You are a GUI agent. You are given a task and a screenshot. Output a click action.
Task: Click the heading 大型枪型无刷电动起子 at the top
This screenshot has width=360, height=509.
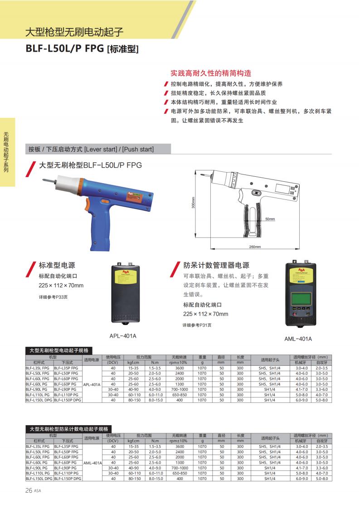pos(74,32)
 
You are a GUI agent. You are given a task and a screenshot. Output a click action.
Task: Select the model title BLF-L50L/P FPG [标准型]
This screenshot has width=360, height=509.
pos(82,48)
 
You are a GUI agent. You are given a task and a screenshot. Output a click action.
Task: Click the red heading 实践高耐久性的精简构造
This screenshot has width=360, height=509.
pos(211,73)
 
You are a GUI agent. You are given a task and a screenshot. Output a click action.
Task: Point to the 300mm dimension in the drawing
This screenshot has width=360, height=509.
pos(193,205)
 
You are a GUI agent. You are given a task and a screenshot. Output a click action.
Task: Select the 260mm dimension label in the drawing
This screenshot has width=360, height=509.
pos(255,247)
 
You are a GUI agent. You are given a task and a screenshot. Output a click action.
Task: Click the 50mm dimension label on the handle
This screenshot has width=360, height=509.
pos(270,219)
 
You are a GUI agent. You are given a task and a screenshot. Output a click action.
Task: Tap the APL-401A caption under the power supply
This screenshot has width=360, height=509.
pos(123,336)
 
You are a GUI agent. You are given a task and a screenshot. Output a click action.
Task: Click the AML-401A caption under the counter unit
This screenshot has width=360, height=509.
pos(298,339)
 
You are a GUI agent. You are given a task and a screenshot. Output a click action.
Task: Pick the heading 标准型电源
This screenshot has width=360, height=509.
pos(57,265)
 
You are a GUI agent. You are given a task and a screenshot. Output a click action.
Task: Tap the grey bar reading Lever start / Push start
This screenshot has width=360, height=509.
pos(91,149)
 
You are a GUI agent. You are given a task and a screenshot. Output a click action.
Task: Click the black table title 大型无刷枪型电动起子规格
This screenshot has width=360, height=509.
pos(58,350)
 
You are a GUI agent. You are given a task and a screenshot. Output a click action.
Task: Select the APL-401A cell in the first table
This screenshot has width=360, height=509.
pos(92,384)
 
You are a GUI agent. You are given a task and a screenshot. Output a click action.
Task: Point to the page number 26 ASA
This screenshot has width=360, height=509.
pos(33,490)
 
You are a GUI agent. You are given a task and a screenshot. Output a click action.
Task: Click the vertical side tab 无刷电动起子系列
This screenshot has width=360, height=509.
pos(6,152)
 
